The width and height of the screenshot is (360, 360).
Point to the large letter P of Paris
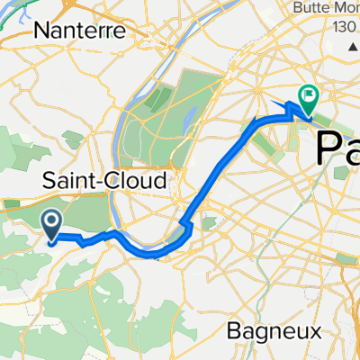(x=328, y=145)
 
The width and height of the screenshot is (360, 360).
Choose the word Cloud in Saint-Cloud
(x=140, y=181)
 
